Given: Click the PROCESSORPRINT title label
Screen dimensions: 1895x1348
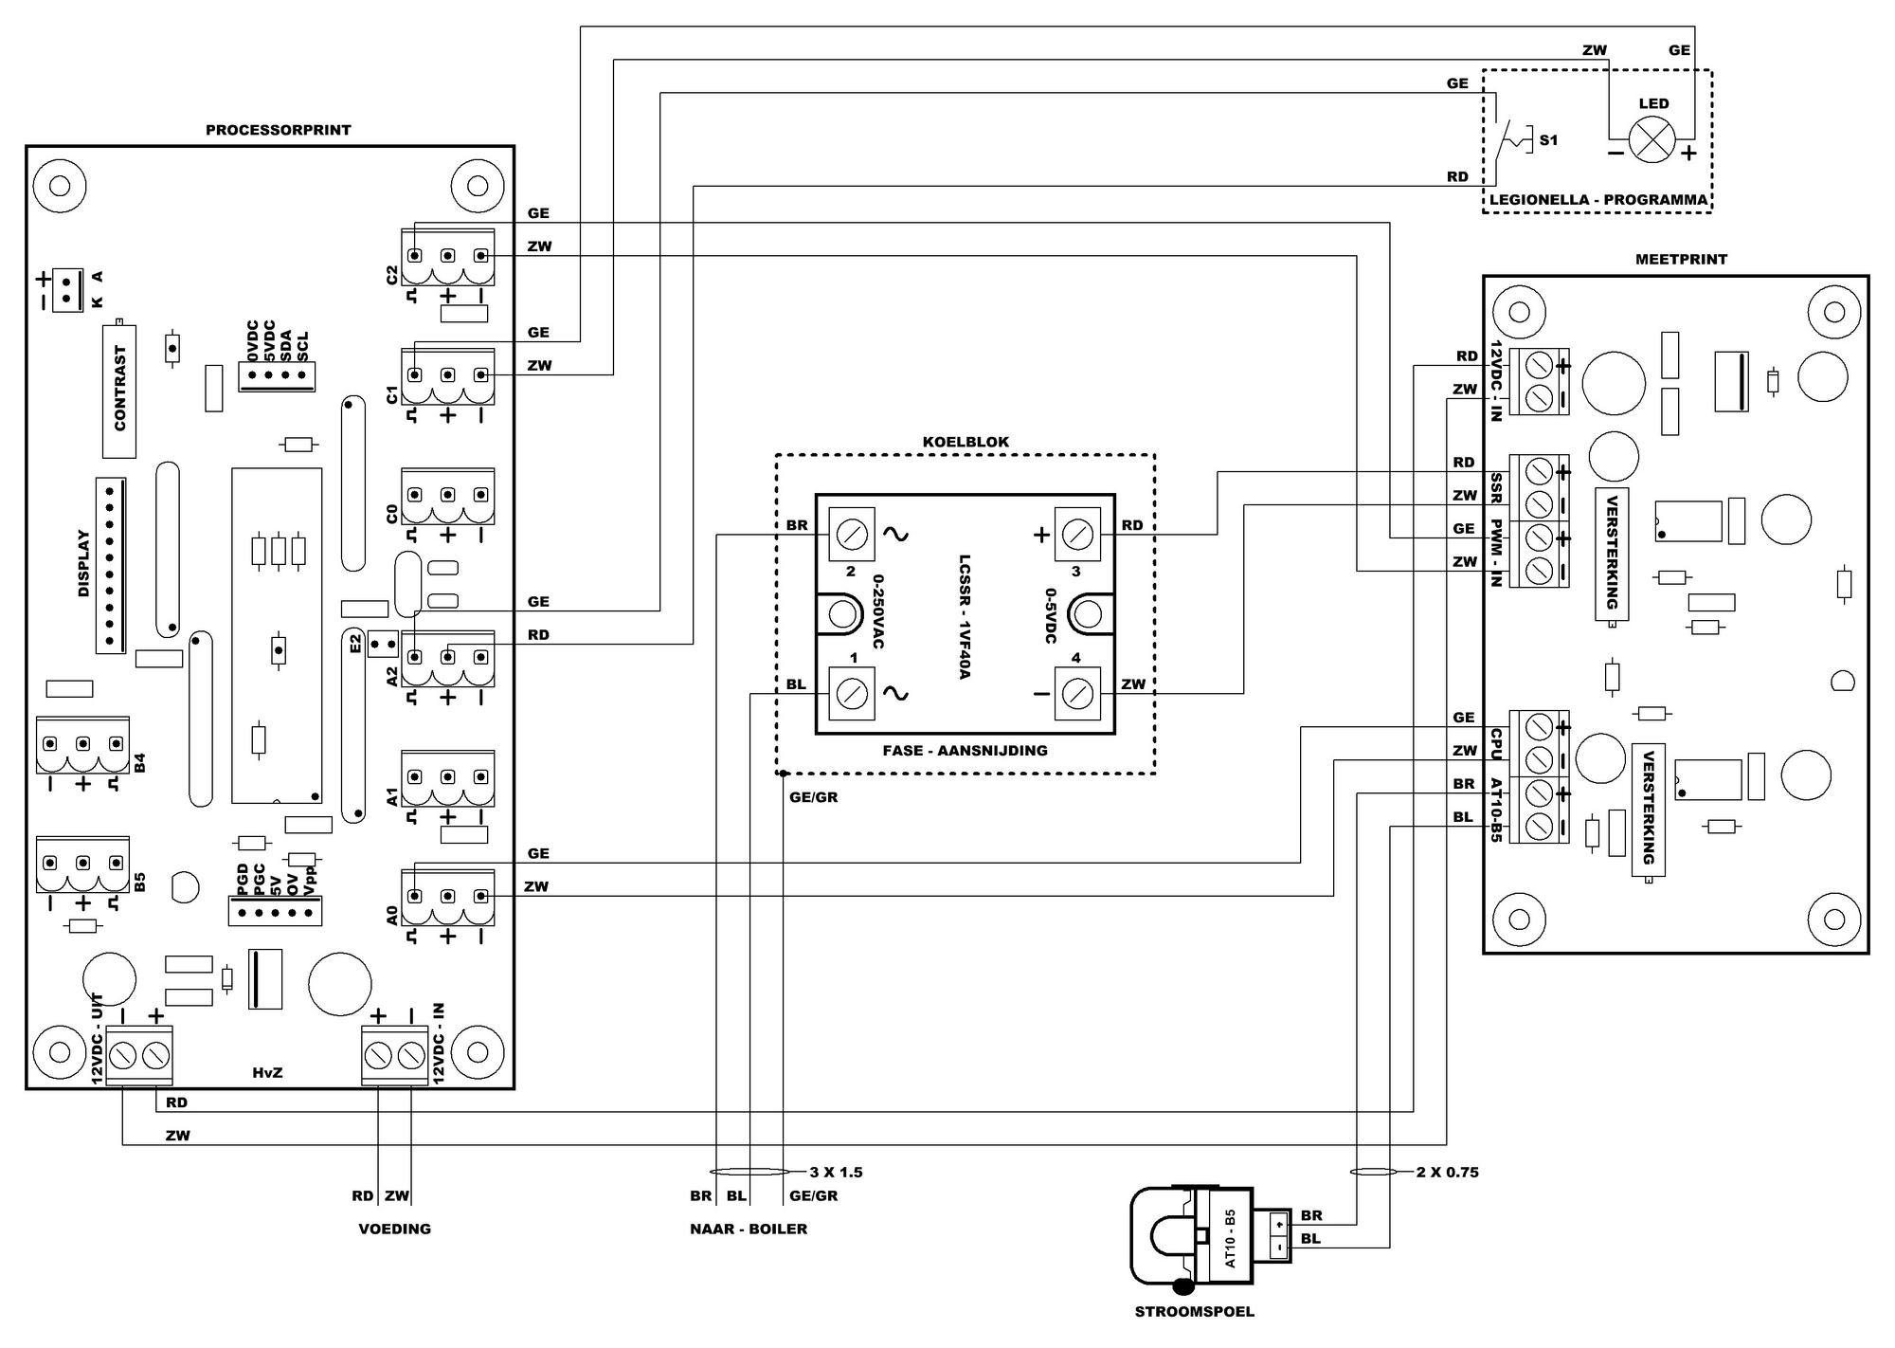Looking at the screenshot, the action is click(279, 130).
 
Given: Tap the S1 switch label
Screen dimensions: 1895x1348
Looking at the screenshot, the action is click(1548, 140).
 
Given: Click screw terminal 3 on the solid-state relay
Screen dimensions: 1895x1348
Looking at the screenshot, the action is click(1075, 535).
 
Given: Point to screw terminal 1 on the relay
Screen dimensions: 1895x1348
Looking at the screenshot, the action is click(852, 694).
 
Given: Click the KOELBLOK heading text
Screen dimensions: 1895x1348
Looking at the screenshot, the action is click(966, 442).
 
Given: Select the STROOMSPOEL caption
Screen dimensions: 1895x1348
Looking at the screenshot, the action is click(1194, 1312).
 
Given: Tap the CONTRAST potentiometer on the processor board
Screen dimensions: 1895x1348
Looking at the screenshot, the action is click(119, 389).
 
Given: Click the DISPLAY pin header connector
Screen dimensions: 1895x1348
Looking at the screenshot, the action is click(110, 566).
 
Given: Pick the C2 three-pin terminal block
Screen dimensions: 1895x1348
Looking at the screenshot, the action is click(447, 257).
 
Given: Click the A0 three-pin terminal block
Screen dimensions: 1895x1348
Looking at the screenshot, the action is click(447, 897).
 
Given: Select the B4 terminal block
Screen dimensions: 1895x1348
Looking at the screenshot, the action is click(82, 745).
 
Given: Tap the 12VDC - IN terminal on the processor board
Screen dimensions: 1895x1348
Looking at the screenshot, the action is click(394, 1054).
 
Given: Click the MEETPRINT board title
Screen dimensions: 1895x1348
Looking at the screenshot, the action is click(1681, 259).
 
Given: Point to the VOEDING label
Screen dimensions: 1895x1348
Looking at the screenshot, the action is click(394, 1229).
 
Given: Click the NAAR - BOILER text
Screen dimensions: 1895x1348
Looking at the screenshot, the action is click(749, 1229).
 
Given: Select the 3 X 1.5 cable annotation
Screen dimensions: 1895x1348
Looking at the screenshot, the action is click(836, 1173).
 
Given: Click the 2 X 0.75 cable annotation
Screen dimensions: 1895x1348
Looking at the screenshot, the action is click(1448, 1173).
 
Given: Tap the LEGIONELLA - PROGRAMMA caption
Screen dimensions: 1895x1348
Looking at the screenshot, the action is click(1597, 200).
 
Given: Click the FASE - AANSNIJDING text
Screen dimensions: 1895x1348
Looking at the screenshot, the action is click(965, 751).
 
